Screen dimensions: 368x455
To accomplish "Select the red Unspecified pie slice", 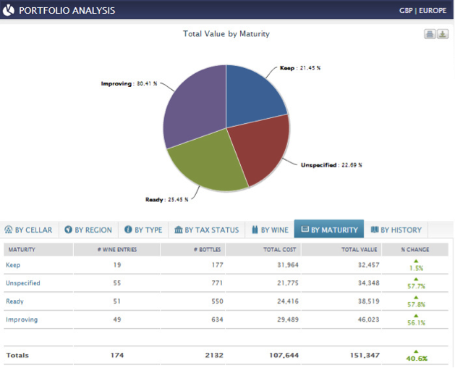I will coord(261,156).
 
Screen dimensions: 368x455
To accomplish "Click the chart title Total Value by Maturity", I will coord(226,34).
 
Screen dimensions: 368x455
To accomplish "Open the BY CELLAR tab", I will coord(29,230).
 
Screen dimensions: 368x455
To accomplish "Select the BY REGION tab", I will coord(88,230).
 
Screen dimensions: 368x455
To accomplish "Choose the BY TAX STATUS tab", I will coord(206,230).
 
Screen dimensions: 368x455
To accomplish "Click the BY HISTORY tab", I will coord(396,230).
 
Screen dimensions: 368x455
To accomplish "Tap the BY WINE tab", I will coord(270,230).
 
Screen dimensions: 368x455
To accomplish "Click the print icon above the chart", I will coord(429,34).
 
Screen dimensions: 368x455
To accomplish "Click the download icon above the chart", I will coord(443,34).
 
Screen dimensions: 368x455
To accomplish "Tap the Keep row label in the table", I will coord(13,265).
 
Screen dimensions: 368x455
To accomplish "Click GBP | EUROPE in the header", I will coord(423,11).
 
